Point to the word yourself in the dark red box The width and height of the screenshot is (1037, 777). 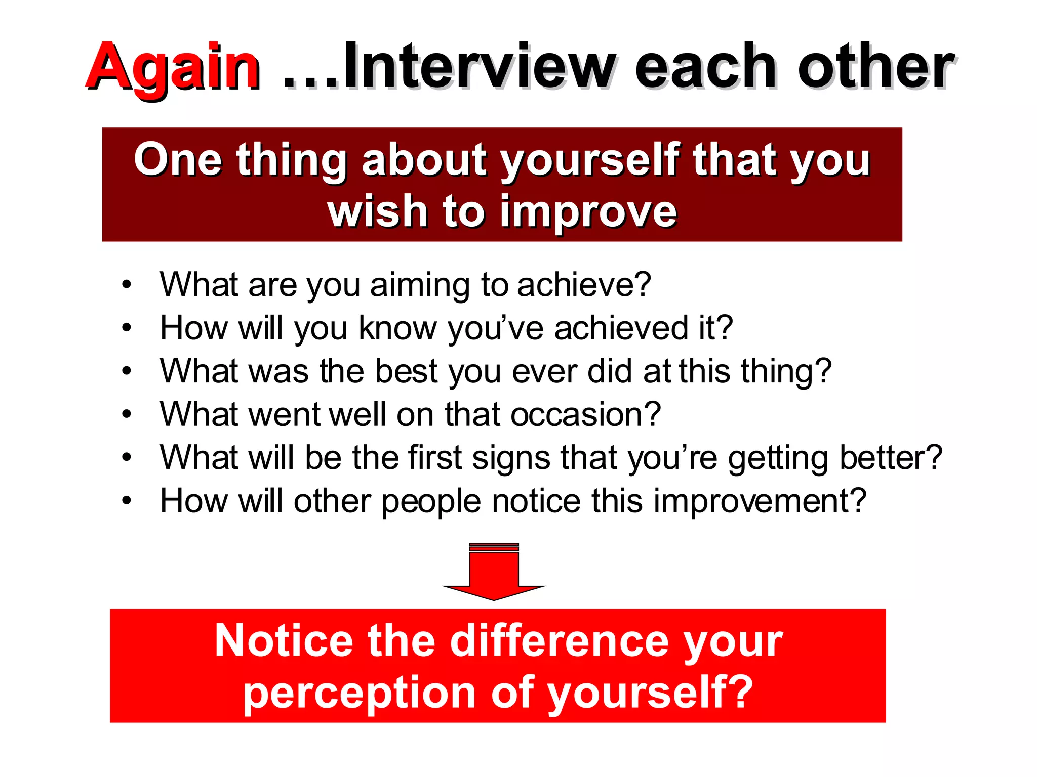(590, 161)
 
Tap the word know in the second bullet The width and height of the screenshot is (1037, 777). (397, 328)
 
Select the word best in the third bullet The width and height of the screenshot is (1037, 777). (406, 371)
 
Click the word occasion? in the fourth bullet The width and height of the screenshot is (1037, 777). (585, 414)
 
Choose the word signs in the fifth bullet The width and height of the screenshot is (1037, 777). (511, 458)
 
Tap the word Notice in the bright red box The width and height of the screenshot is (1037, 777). (284, 641)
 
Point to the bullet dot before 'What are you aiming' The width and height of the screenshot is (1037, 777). (127, 285)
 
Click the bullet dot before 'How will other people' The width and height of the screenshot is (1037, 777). (127, 501)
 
